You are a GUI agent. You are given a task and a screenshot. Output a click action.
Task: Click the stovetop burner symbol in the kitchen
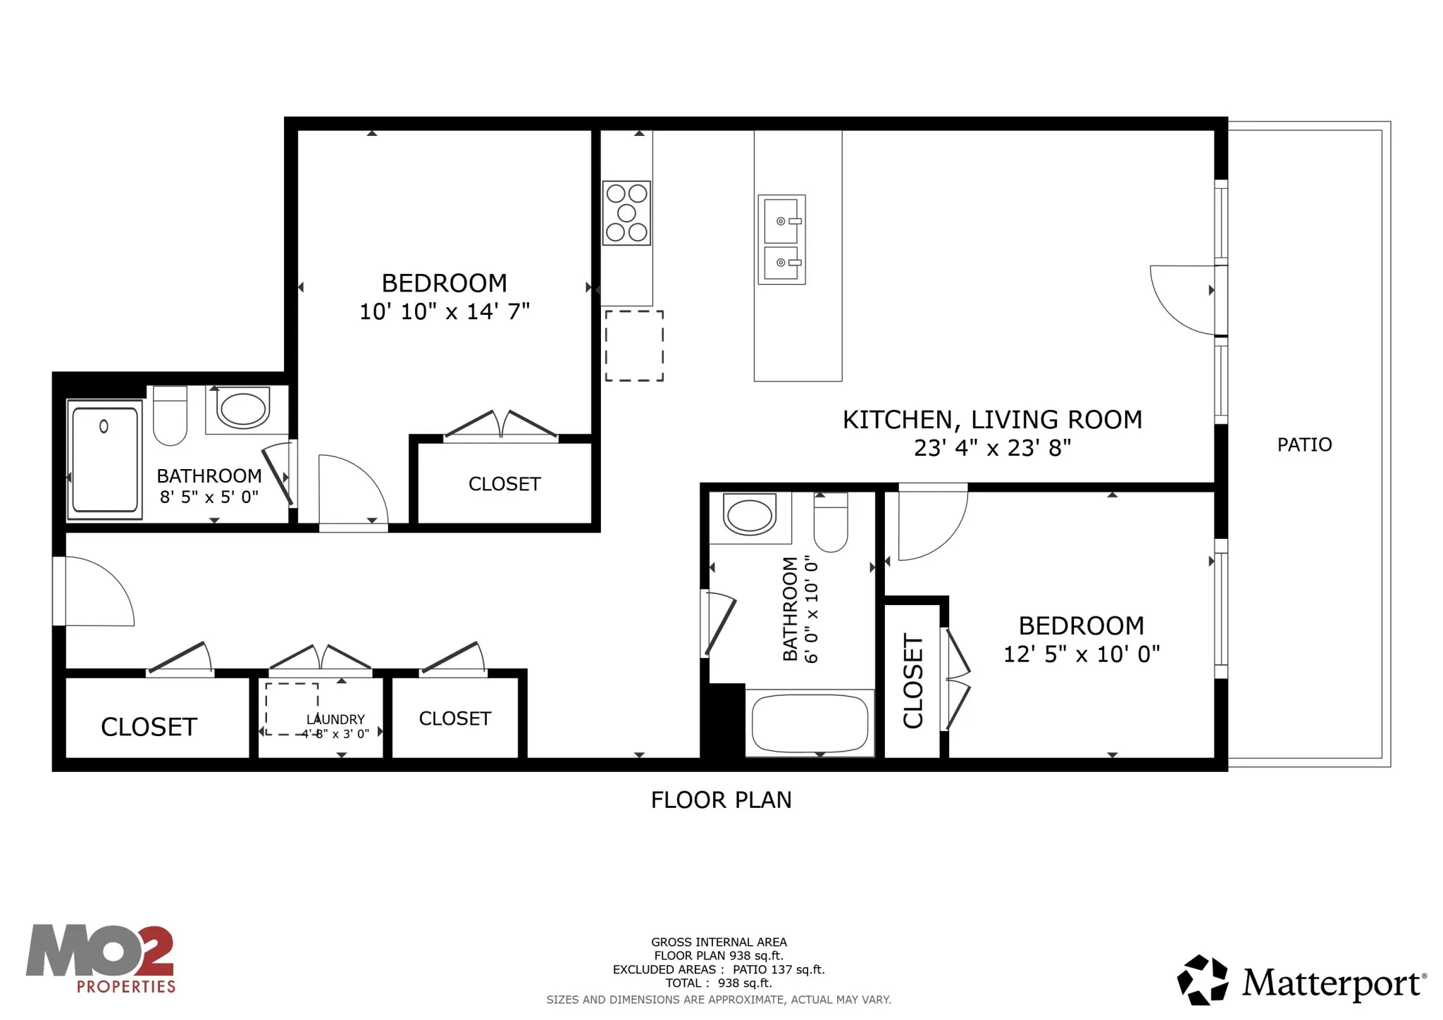(x=626, y=213)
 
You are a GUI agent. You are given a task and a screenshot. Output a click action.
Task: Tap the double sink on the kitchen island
(x=781, y=240)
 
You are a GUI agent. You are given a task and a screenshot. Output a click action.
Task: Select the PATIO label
(x=1304, y=444)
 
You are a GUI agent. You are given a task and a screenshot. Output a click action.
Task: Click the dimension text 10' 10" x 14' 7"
(x=444, y=311)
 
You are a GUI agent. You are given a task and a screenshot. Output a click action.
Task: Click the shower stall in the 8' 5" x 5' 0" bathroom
(x=105, y=460)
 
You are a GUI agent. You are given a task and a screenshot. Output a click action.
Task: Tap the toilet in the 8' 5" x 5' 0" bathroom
(x=170, y=416)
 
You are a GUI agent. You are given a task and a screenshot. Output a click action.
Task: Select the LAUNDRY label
(x=335, y=719)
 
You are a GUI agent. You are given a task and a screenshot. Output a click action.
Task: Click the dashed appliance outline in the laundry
(x=292, y=709)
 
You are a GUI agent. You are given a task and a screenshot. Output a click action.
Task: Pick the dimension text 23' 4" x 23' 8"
(x=992, y=448)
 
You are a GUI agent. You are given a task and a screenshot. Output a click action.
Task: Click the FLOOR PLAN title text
(x=721, y=800)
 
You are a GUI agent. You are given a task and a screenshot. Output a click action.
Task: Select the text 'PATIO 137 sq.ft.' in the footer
(x=778, y=970)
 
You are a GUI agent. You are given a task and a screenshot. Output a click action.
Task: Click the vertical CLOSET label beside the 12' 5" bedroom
(x=913, y=680)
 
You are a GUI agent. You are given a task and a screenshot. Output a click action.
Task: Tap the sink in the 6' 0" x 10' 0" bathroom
(x=749, y=516)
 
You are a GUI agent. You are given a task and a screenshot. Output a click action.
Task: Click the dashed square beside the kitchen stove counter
(x=634, y=346)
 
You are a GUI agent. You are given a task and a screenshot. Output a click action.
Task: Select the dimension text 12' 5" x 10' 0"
(x=1081, y=654)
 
